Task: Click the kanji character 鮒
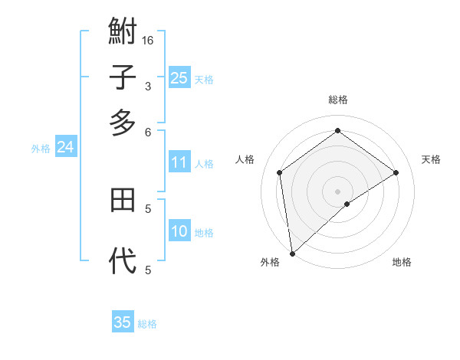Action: [x=123, y=32]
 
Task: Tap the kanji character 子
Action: [x=123, y=77]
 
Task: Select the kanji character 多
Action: [x=123, y=122]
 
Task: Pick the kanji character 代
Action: [x=123, y=260]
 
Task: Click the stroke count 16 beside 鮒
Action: [x=148, y=41]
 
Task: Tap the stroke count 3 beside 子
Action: [x=148, y=87]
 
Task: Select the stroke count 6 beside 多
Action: [x=148, y=132]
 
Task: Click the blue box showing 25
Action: [x=179, y=78]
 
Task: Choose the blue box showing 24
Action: [x=65, y=148]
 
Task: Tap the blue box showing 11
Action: [x=179, y=162]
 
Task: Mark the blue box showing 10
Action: [x=179, y=232]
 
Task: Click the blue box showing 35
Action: [x=123, y=322]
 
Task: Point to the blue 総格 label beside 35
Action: [x=147, y=324]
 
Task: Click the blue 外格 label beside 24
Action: [x=41, y=149]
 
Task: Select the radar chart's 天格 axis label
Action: [x=431, y=159]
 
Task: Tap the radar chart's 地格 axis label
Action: [x=402, y=262]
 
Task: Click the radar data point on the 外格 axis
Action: [x=292, y=254]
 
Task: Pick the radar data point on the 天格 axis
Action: [x=396, y=172]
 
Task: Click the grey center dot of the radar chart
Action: [x=337, y=191]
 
